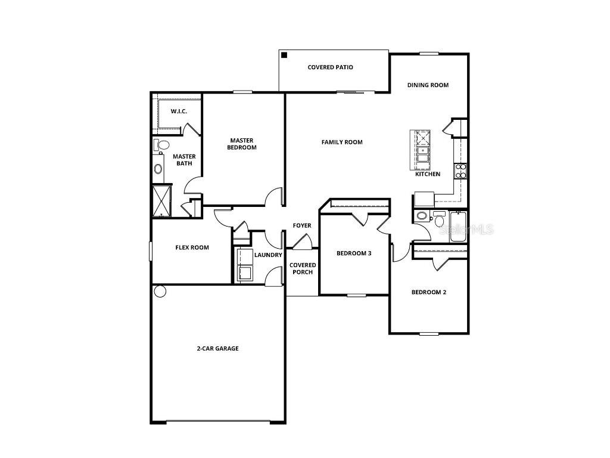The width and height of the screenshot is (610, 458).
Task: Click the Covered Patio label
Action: (330, 67)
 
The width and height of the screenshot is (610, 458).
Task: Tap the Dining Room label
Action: (428, 85)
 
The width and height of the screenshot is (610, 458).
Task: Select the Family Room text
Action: (342, 142)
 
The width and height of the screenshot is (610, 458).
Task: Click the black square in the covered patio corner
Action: (285, 55)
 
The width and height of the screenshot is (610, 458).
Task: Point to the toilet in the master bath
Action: (161, 145)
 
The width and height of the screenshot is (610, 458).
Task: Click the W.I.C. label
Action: (179, 112)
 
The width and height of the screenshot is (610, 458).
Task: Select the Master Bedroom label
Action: (242, 144)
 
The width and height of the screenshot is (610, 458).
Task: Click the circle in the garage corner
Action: (160, 291)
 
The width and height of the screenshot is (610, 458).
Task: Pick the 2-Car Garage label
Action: (217, 348)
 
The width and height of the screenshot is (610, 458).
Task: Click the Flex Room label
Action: (192, 247)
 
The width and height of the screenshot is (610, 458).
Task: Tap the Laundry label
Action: (268, 255)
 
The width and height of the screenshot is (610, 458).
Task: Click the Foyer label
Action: (301, 225)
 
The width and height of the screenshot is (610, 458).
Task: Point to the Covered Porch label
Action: (303, 268)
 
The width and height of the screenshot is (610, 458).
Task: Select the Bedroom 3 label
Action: (354, 253)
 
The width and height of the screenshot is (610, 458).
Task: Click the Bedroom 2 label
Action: (429, 292)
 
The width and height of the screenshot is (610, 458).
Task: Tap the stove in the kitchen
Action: (460, 171)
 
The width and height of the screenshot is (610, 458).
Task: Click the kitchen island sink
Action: (422, 154)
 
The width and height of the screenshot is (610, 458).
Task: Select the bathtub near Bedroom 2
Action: (458, 227)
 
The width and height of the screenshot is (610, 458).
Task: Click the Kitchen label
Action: (428, 174)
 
